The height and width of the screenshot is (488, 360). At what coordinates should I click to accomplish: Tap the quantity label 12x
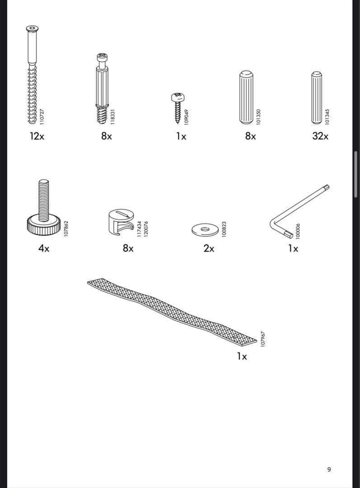coord(37,136)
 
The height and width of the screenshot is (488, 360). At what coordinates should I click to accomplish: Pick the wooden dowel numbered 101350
coord(245,97)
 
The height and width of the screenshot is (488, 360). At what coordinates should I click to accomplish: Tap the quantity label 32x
coord(320,136)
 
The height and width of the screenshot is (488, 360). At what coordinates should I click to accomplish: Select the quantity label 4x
coord(44,248)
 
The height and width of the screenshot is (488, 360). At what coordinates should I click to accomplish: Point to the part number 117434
coord(140,228)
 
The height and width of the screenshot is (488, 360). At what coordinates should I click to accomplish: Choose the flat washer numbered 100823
coord(206,229)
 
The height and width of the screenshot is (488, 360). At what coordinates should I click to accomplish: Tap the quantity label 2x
coord(209,248)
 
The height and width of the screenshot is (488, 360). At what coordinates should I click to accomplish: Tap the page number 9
coord(329,469)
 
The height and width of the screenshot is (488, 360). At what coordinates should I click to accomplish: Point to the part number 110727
coord(42,117)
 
